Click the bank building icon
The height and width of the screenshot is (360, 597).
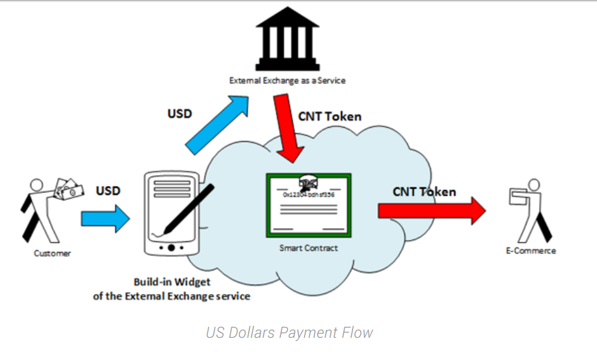click(x=288, y=39)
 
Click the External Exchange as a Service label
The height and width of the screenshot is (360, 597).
click(x=288, y=81)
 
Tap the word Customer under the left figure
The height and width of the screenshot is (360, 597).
click(x=52, y=253)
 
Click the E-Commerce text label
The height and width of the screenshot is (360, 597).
click(x=530, y=251)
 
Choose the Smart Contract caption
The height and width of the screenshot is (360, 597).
click(x=309, y=248)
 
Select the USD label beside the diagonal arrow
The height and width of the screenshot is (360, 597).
click(x=180, y=114)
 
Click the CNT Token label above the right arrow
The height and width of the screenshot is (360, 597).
click(x=424, y=191)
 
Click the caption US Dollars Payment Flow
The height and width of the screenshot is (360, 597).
click(x=289, y=332)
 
